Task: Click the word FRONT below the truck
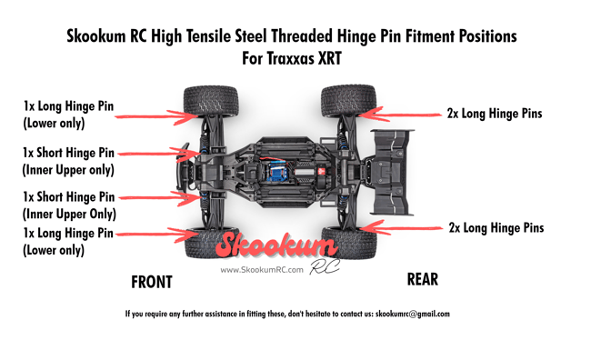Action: (151, 282)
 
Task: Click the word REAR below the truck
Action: (422, 279)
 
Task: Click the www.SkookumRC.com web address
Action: (262, 270)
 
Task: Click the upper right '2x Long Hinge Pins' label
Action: (495, 114)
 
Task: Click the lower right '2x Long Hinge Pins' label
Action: (496, 227)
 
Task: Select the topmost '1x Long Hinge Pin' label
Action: (69, 107)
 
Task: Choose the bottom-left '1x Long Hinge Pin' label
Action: (69, 234)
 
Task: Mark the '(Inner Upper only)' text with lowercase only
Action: (68, 169)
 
